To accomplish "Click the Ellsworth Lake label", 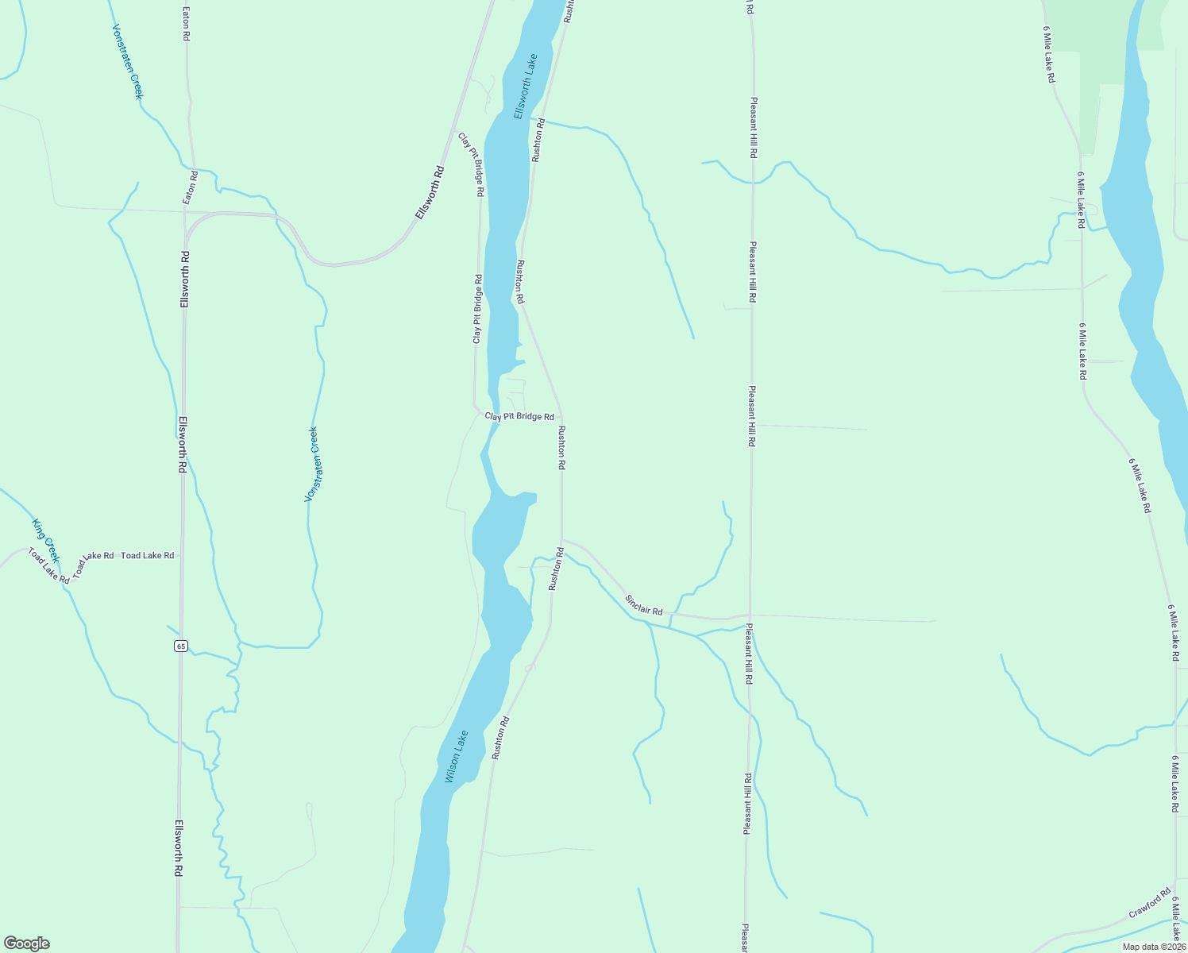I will pos(526,87).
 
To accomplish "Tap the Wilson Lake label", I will pos(456,757).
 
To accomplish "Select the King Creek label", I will pos(46,540).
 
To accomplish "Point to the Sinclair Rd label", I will pos(643,605).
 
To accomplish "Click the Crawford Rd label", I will pos(1150,903).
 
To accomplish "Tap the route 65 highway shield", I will pos(181,646).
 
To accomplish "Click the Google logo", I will pos(27,943).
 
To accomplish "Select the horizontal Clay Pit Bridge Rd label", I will pos(519,416).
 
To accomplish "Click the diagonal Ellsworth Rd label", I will pos(430,193).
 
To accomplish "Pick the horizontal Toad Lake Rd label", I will pos(147,555).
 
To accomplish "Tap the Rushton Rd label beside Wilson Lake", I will pos(499,738).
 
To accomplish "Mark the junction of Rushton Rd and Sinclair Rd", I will pos(562,540).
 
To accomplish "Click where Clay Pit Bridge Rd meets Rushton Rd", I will pos(561,416).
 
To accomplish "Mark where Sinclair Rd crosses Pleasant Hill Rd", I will pos(749,615).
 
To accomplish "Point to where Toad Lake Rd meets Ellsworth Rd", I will pos(182,555).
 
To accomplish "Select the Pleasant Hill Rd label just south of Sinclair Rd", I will pos(748,654).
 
